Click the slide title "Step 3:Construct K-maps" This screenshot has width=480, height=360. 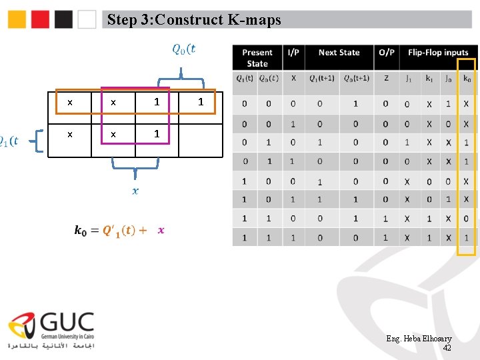[194, 20]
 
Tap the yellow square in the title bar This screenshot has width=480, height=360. [17, 19]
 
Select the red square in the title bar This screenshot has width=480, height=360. [41, 19]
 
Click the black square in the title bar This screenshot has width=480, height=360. [64, 19]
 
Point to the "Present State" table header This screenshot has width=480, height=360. [257, 58]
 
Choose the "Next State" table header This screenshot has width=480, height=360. [339, 53]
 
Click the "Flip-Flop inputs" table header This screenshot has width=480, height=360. [438, 53]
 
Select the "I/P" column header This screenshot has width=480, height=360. [293, 53]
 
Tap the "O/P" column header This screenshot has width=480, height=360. [386, 53]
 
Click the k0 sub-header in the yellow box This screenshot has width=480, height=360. [467, 79]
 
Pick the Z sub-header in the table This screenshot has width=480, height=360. [386, 79]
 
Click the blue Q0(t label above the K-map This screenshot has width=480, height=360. [184, 48]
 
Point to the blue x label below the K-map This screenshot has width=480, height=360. [135, 191]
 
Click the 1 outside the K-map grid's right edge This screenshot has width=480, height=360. [201, 103]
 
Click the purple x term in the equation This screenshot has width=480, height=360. [161, 230]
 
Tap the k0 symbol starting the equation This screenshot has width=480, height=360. [80, 231]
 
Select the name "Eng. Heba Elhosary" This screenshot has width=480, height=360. [419, 339]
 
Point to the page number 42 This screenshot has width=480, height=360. [447, 348]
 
